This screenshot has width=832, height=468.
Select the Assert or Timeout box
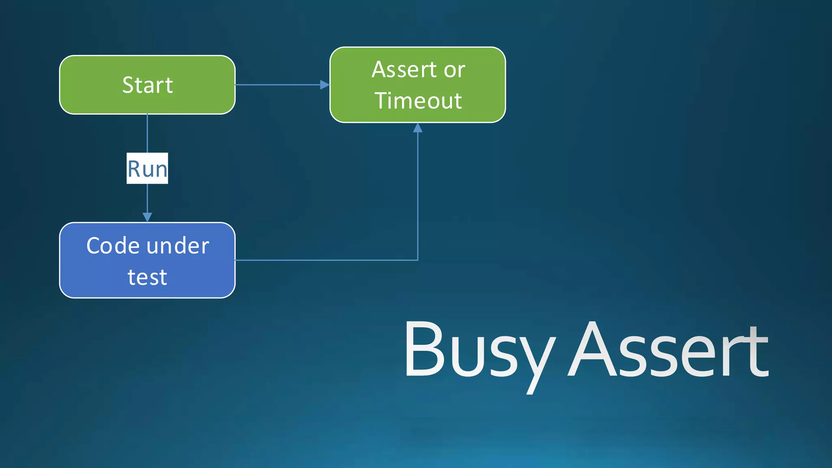(x=418, y=84)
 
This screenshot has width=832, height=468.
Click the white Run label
(x=147, y=168)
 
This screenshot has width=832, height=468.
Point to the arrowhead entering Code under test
(x=147, y=217)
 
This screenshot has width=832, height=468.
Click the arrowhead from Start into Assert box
(x=325, y=84)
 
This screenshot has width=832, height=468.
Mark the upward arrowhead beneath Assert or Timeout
(x=418, y=128)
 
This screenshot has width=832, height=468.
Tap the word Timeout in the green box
(x=418, y=101)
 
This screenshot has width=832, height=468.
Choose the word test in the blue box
(x=147, y=277)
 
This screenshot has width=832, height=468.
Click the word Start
(x=147, y=85)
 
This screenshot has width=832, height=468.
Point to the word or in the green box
(x=454, y=70)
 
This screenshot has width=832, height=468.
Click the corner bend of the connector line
(x=418, y=260)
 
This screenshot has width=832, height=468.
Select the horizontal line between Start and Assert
(x=280, y=84)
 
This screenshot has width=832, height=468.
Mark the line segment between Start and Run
(x=147, y=133)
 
